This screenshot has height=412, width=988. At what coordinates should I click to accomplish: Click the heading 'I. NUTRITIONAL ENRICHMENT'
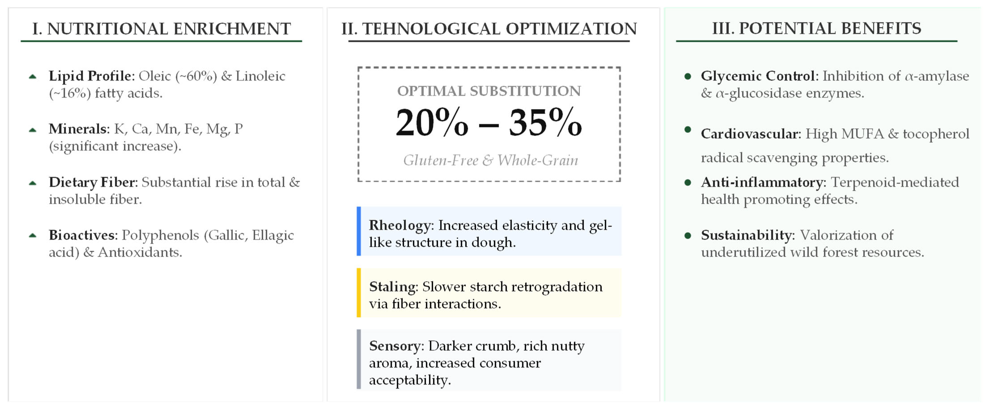(x=161, y=29)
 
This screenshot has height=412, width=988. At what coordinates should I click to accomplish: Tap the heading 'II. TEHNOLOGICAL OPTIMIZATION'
(x=489, y=29)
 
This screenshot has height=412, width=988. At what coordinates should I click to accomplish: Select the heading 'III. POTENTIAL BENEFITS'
(x=817, y=28)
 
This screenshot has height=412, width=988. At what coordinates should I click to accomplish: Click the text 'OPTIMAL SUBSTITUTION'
(x=489, y=91)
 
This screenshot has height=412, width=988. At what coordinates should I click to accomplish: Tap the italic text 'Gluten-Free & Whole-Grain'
(x=491, y=160)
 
